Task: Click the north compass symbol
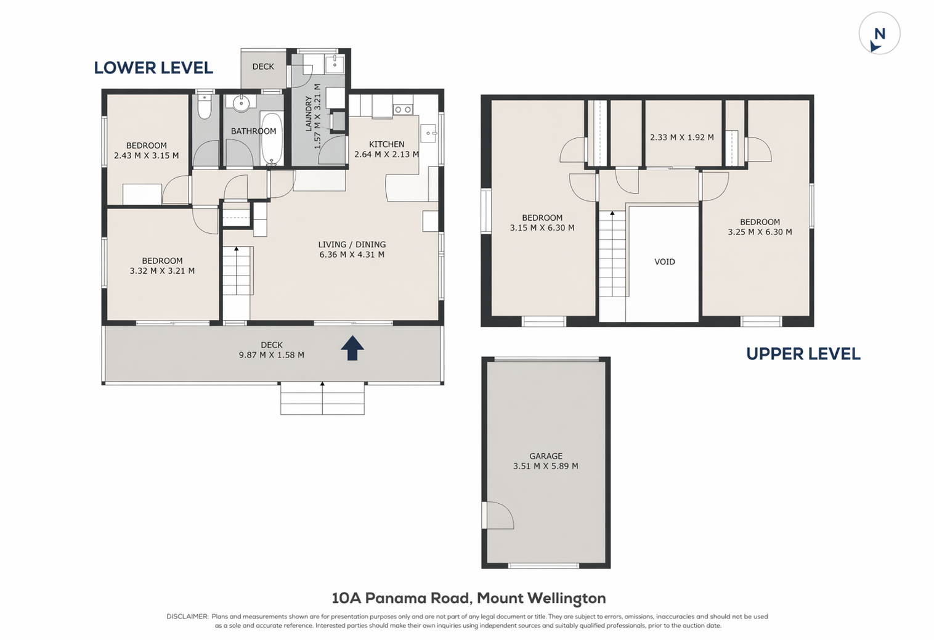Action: pyautogui.click(x=879, y=33)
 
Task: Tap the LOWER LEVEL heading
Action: pyautogui.click(x=153, y=68)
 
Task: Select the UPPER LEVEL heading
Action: pyautogui.click(x=803, y=354)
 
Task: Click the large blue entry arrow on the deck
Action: pyautogui.click(x=352, y=348)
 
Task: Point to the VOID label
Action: pyautogui.click(x=665, y=261)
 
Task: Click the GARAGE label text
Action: pyautogui.click(x=546, y=456)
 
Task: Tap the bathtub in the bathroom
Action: pyautogui.click(x=272, y=139)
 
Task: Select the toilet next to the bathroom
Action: pyautogui.click(x=205, y=106)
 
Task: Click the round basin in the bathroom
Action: pyautogui.click(x=241, y=103)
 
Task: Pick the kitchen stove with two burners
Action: pyautogui.click(x=402, y=110)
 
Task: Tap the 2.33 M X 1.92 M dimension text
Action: pyautogui.click(x=682, y=137)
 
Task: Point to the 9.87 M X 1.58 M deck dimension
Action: pyautogui.click(x=272, y=355)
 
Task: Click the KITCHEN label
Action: pyautogui.click(x=386, y=144)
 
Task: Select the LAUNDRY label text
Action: pyautogui.click(x=309, y=114)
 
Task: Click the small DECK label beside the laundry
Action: pyautogui.click(x=263, y=67)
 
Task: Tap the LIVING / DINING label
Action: pyautogui.click(x=352, y=245)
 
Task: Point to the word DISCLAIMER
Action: pyautogui.click(x=187, y=616)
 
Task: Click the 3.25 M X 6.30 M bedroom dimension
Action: pyautogui.click(x=760, y=232)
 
